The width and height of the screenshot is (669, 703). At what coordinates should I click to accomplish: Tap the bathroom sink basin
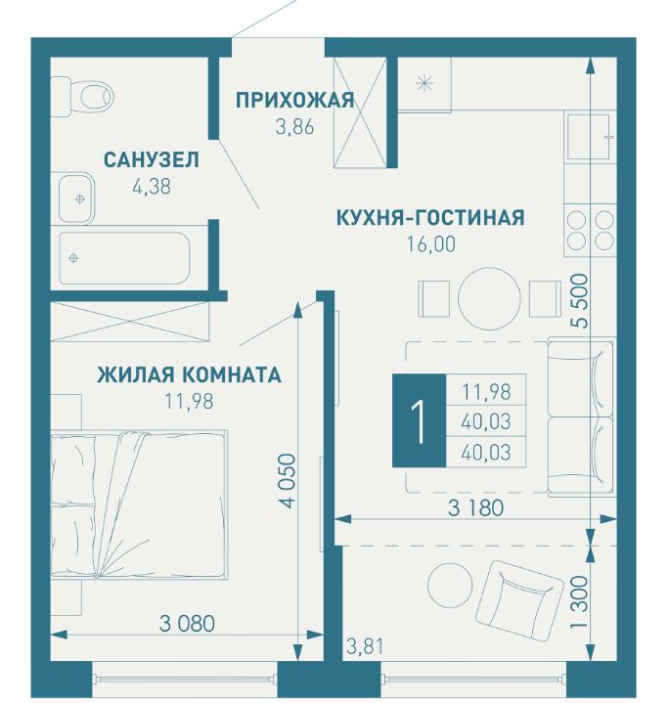click(76, 198)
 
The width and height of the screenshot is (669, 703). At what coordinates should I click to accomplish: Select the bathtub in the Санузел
click(124, 258)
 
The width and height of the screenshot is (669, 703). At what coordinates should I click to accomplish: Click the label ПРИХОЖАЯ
click(295, 100)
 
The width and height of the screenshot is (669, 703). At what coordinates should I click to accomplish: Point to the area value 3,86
click(294, 127)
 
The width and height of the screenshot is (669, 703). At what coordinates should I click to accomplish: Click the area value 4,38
click(152, 187)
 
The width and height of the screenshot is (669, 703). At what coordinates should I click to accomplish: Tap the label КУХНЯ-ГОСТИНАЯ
click(430, 217)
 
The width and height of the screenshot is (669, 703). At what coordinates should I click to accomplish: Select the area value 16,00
click(431, 244)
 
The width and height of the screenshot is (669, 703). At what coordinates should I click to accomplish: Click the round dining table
click(489, 298)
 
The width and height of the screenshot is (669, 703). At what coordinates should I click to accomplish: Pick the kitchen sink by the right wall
click(589, 137)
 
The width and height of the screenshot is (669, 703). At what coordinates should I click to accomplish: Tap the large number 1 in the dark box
click(420, 421)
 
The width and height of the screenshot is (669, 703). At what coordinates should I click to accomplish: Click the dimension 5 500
click(581, 301)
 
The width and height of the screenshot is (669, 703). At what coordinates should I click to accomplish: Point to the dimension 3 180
click(475, 508)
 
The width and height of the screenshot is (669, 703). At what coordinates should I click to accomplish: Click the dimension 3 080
click(187, 624)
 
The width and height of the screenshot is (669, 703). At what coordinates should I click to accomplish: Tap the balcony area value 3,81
click(365, 647)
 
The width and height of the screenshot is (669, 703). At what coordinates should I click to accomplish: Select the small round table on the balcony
click(450, 585)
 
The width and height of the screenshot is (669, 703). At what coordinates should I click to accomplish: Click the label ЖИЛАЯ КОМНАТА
click(189, 374)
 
